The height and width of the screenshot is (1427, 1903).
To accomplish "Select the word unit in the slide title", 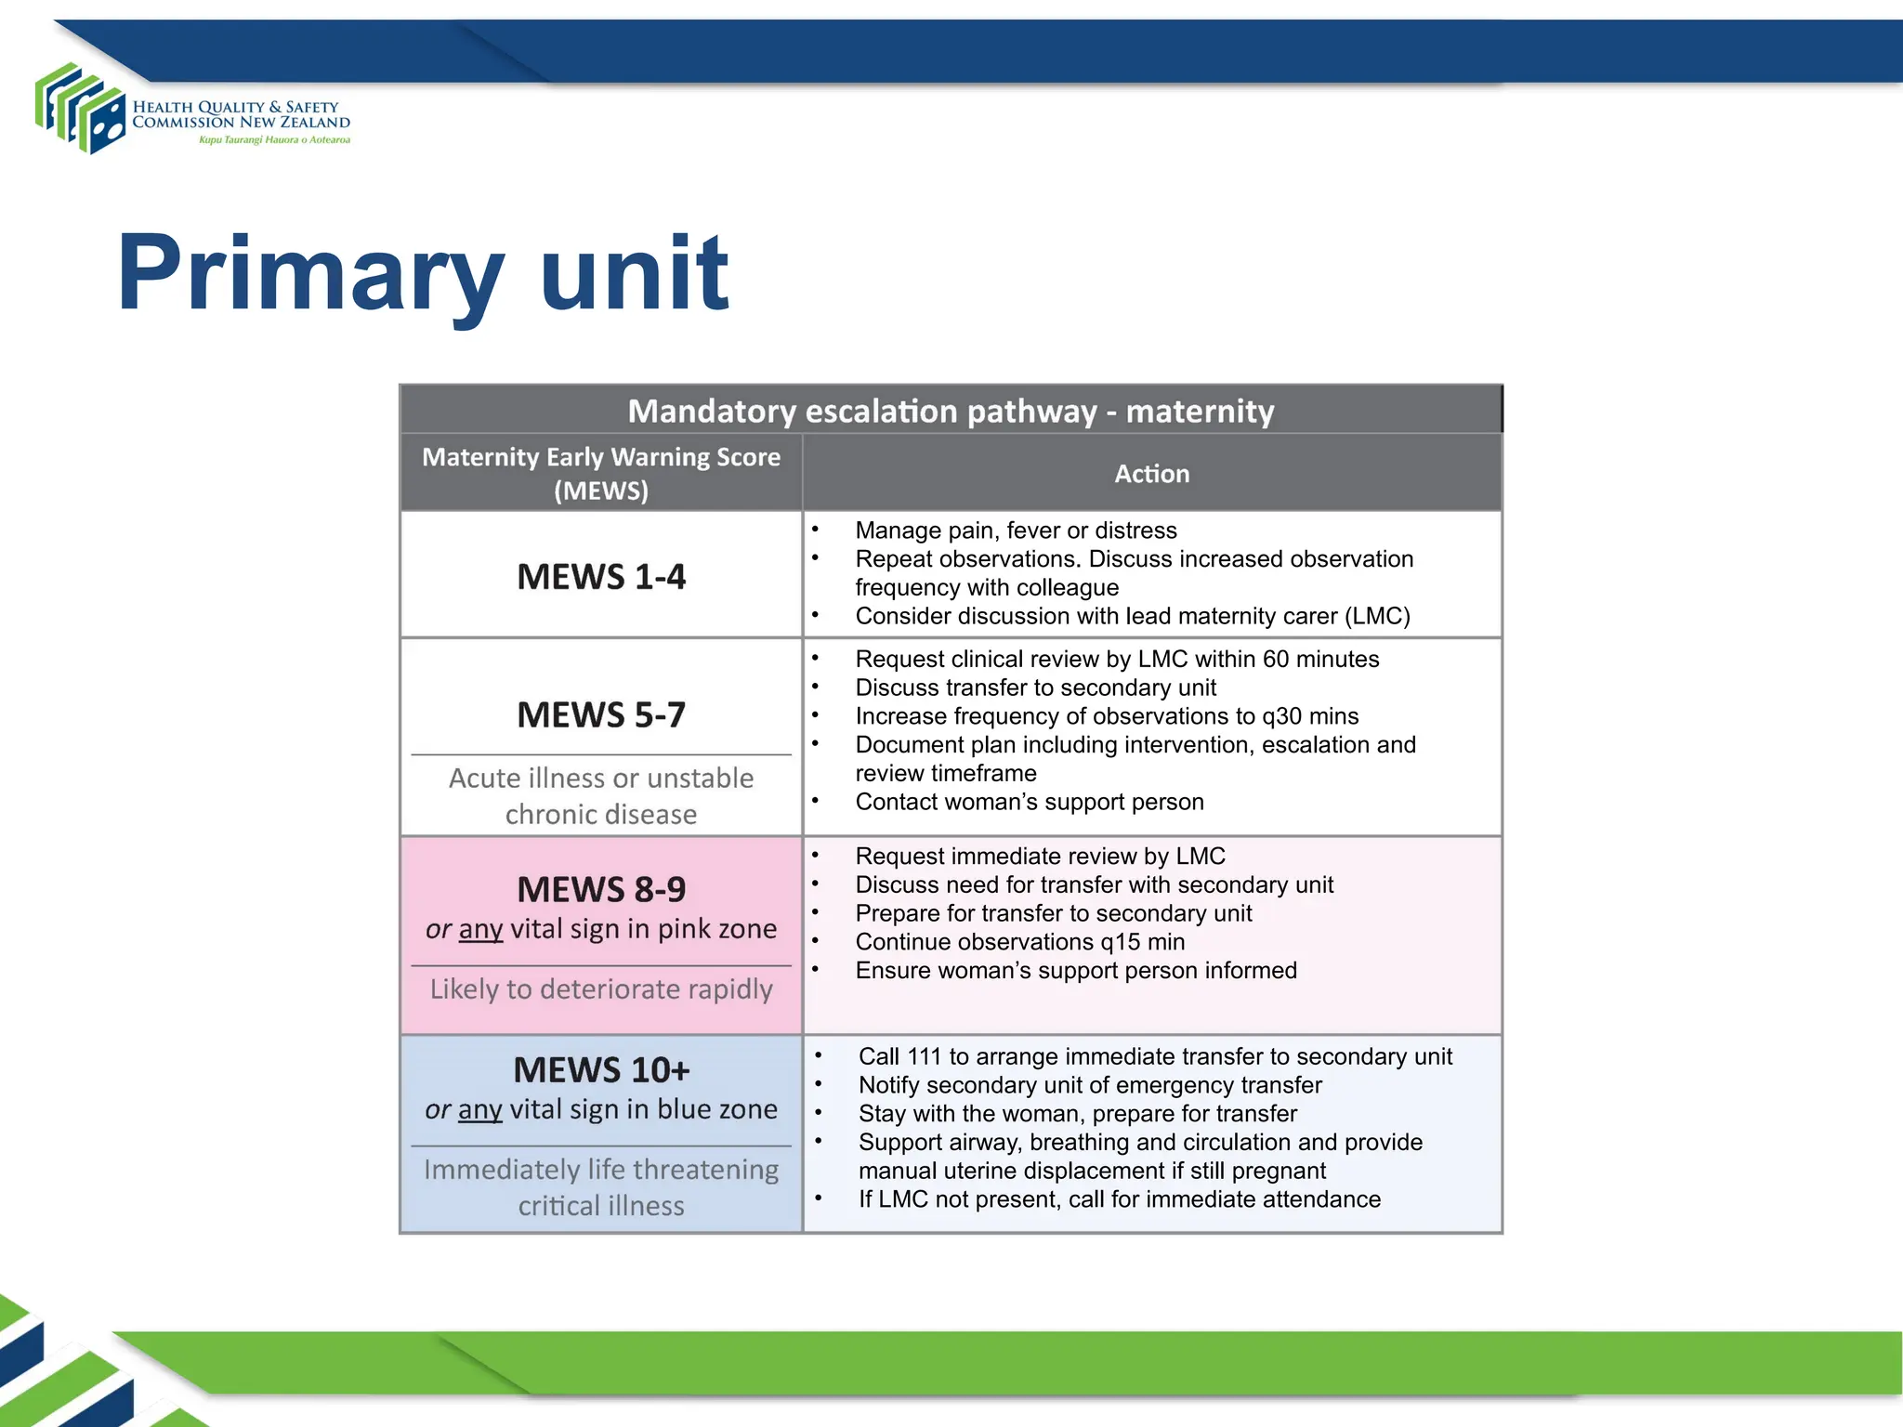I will point(635,273).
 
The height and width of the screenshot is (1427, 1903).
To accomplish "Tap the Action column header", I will point(1151,474).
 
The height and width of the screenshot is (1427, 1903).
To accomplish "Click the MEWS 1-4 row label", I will point(601,577).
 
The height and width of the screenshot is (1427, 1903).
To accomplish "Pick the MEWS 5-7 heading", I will point(601,715).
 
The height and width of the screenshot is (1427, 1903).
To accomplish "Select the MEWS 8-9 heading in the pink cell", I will point(601,890).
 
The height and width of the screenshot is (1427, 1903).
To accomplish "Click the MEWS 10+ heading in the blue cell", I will point(601,1070).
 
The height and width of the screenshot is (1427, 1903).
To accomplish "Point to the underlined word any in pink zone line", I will point(480,930).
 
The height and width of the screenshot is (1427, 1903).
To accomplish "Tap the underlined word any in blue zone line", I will point(479,1110).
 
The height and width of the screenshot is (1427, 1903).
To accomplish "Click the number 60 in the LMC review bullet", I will point(1275,660).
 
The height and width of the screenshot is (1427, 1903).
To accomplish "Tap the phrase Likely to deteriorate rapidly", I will point(601,989).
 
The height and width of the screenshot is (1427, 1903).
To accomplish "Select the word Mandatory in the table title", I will point(711,412).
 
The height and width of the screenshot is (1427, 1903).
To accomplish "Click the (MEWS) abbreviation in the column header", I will point(601,491).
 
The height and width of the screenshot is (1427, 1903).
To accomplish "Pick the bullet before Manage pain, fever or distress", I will point(815,530).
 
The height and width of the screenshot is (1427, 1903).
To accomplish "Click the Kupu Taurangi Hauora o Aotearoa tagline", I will point(274,140).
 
